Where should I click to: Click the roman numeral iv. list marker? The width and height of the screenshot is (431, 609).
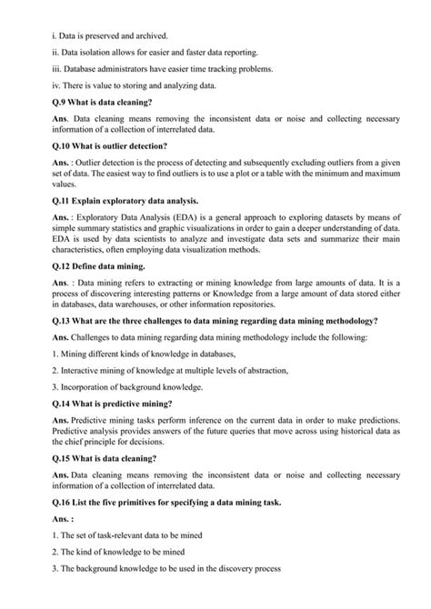(58, 85)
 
